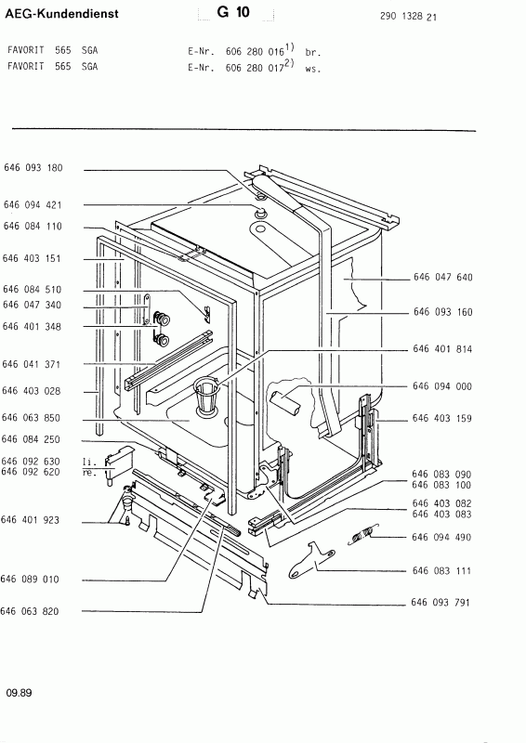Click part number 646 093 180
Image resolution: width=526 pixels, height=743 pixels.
pyautogui.click(x=33, y=168)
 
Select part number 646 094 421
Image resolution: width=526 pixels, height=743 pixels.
pyautogui.click(x=33, y=204)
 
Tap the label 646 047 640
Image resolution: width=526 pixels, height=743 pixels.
pyautogui.click(x=443, y=277)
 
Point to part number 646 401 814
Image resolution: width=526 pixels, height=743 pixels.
pyautogui.click(x=442, y=349)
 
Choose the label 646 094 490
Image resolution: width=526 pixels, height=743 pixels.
pyautogui.click(x=441, y=538)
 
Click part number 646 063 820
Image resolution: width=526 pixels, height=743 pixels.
pyautogui.click(x=30, y=611)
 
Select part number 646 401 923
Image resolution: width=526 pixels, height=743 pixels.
pyautogui.click(x=31, y=520)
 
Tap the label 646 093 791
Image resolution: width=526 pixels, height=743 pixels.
pyautogui.click(x=441, y=602)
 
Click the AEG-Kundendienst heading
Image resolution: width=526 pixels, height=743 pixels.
pyautogui.click(x=61, y=14)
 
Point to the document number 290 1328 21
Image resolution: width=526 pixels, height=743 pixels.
pyautogui.click(x=408, y=17)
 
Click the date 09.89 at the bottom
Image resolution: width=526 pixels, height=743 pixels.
pyautogui.click(x=19, y=693)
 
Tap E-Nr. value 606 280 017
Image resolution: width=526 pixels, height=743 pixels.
pyautogui.click(x=255, y=68)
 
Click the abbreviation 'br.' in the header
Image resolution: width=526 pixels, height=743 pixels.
pyautogui.click(x=313, y=53)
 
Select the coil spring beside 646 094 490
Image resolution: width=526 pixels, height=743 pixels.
pyautogui.click(x=363, y=535)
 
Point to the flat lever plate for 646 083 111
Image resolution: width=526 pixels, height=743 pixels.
pyautogui.click(x=311, y=560)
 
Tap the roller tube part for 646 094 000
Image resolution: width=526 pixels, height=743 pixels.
pyautogui.click(x=285, y=401)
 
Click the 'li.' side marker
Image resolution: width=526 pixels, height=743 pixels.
pyautogui.click(x=89, y=462)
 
